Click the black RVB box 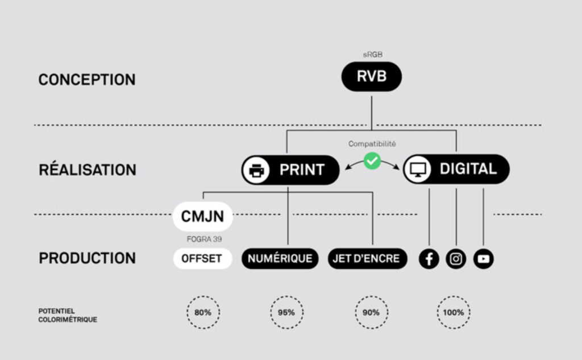click(371, 77)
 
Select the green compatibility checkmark click(372, 161)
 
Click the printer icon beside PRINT click(257, 169)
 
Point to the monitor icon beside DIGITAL click(418, 169)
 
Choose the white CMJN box click(202, 217)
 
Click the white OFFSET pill click(202, 258)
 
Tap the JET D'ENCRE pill click(367, 258)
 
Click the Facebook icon click(429, 259)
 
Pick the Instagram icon click(456, 259)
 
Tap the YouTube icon click(483, 259)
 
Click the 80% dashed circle click(203, 312)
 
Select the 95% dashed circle click(286, 312)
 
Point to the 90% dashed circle click(372, 312)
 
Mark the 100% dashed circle click(454, 312)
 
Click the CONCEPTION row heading click(87, 80)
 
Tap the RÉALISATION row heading click(88, 170)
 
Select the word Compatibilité click(372, 144)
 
